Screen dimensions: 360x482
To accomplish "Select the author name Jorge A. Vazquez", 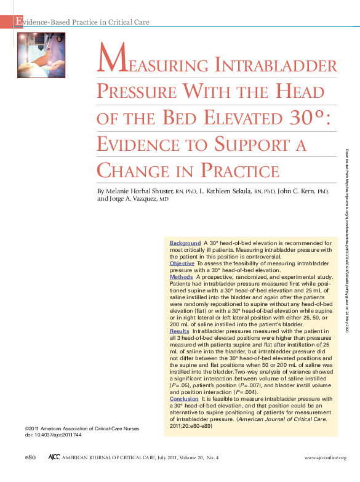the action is tap(126, 199).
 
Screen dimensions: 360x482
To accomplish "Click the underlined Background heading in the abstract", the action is tap(185, 243).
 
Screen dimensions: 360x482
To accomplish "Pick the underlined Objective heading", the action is tap(182, 263).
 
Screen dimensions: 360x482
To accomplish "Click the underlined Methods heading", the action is tap(181, 277).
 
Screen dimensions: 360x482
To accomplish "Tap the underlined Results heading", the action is tap(179, 331).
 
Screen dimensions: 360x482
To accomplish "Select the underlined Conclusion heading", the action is tap(184, 398).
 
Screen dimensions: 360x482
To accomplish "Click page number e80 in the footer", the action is tap(31, 457).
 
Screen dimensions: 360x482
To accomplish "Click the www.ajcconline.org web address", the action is tap(326, 458).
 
